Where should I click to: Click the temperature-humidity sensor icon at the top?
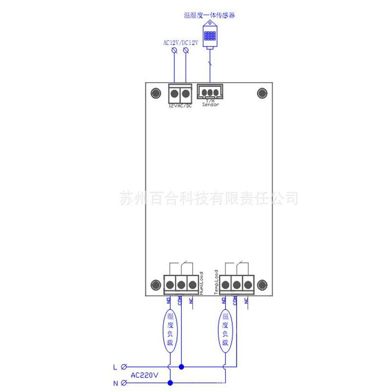click(210, 37)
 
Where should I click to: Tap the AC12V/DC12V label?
click(181, 43)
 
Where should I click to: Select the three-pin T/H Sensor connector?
click(210, 92)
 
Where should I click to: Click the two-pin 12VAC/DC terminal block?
click(179, 93)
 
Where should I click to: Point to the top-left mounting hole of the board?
click(156, 93)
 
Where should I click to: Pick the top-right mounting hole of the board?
click(262, 93)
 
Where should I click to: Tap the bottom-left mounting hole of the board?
click(156, 284)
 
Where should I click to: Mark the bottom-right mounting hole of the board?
click(262, 284)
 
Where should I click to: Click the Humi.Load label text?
click(201, 282)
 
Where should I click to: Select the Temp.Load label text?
click(216, 282)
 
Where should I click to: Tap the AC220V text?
click(145, 375)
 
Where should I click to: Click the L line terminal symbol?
click(124, 367)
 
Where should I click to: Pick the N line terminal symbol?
click(124, 383)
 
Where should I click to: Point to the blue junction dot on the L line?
click(181, 367)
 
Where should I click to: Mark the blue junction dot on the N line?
click(170, 383)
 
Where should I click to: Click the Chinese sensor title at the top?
click(210, 16)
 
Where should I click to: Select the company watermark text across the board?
click(209, 198)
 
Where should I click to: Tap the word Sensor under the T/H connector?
click(210, 105)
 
